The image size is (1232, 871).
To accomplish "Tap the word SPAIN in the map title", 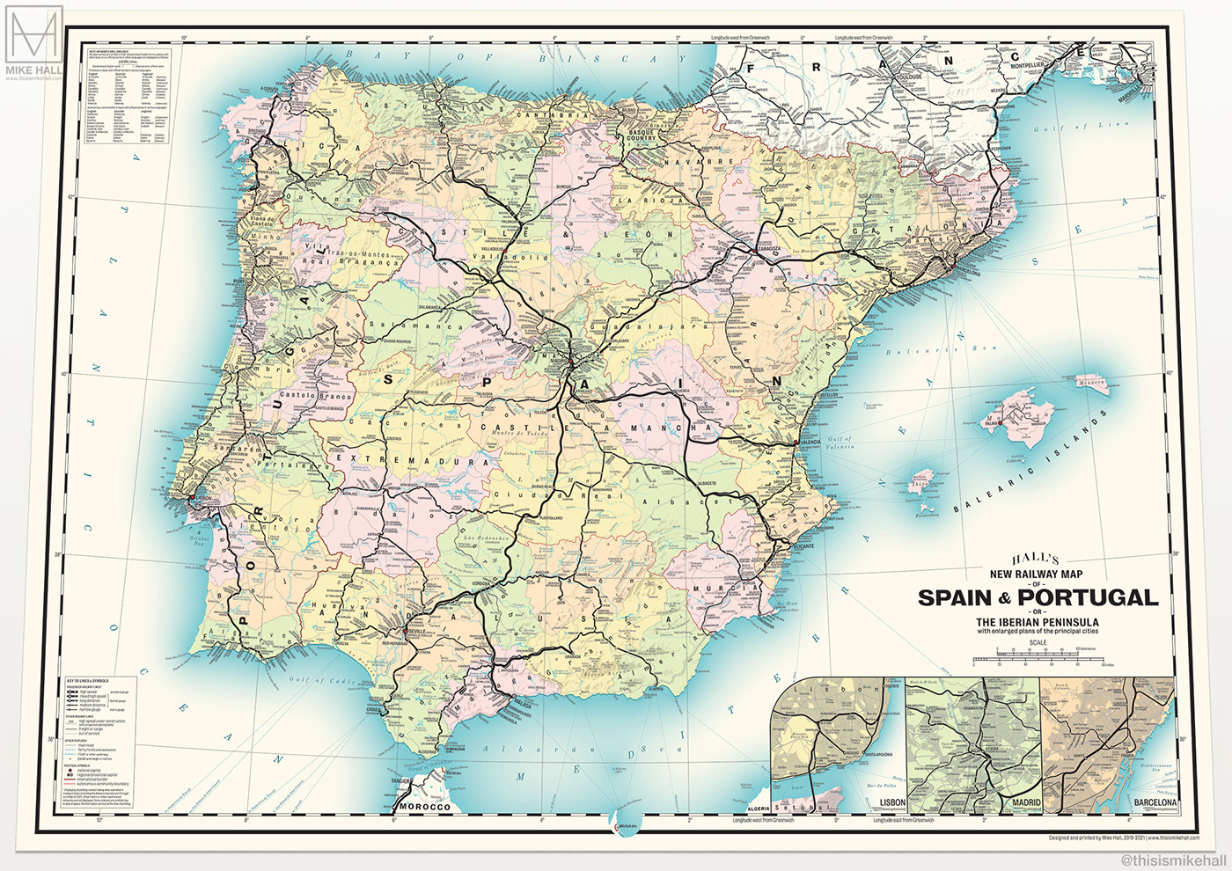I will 955,597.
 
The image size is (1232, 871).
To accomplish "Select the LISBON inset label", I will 892,803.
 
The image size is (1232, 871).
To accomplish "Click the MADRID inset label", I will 1026,803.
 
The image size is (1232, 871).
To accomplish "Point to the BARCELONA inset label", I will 1155,803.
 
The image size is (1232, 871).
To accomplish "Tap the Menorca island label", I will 1092,381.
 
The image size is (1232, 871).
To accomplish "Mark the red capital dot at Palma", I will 1001,423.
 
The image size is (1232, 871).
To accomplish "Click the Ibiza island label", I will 920,483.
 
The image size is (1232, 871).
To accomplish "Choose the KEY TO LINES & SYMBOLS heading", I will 88,681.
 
